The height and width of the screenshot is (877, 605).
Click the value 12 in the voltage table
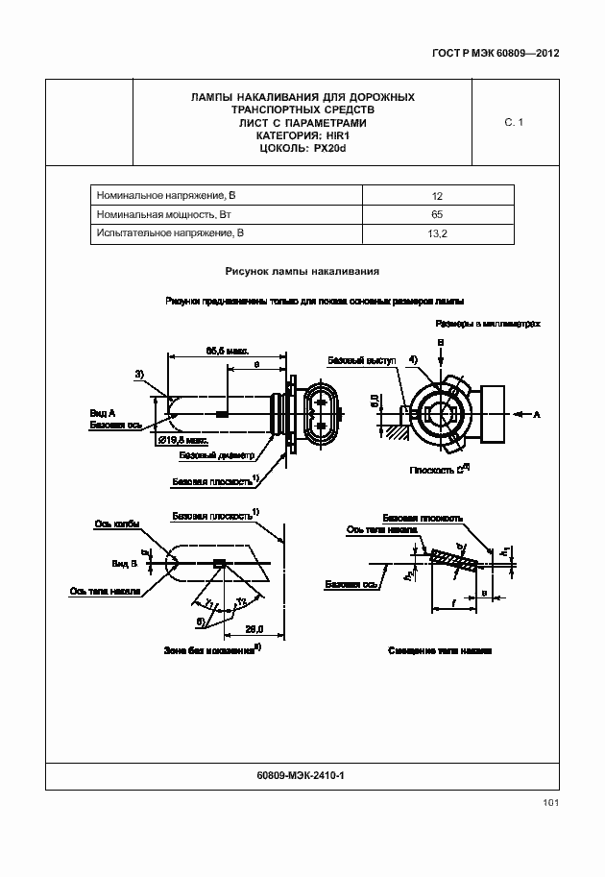437,195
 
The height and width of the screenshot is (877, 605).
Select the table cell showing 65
437,214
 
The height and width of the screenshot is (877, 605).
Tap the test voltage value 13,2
437,233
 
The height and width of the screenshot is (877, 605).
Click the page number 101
550,802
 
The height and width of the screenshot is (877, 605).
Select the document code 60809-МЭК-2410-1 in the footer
302,774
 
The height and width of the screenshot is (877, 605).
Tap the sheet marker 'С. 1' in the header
514,123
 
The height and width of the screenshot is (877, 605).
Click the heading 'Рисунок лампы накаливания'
302,272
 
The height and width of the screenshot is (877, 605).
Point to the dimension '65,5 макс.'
228,351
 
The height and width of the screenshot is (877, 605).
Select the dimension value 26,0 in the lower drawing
254,629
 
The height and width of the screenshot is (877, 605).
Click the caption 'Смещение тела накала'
440,650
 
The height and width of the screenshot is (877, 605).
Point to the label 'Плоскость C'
437,471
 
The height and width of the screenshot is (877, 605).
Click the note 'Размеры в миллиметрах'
487,325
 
